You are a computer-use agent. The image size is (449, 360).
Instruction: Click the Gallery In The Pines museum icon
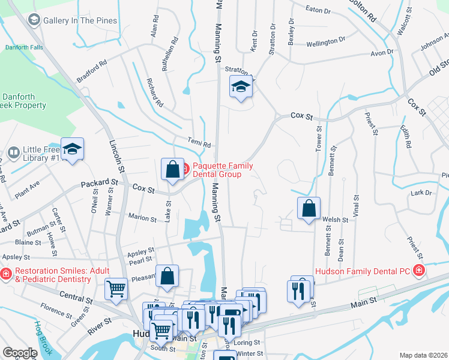pos(34,20)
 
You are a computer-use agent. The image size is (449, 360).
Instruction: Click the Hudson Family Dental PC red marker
pos(419,271)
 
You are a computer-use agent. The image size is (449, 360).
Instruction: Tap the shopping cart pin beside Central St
pos(116,289)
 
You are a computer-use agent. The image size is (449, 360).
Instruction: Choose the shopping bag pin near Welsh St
pos(309,209)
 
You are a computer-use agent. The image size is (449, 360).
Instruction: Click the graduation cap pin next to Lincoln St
pos(72,149)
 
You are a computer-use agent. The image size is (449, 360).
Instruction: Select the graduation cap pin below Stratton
pos(241,87)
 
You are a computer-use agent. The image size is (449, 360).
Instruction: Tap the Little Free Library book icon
pos(13,154)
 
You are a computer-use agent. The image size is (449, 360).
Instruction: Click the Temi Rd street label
pos(198,144)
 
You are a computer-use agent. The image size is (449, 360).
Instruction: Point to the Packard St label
pos(100,182)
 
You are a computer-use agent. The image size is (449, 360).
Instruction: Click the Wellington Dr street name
pos(325,43)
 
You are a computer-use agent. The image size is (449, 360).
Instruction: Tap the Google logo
pos(20,353)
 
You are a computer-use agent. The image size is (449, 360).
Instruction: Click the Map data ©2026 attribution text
pos(423,355)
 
